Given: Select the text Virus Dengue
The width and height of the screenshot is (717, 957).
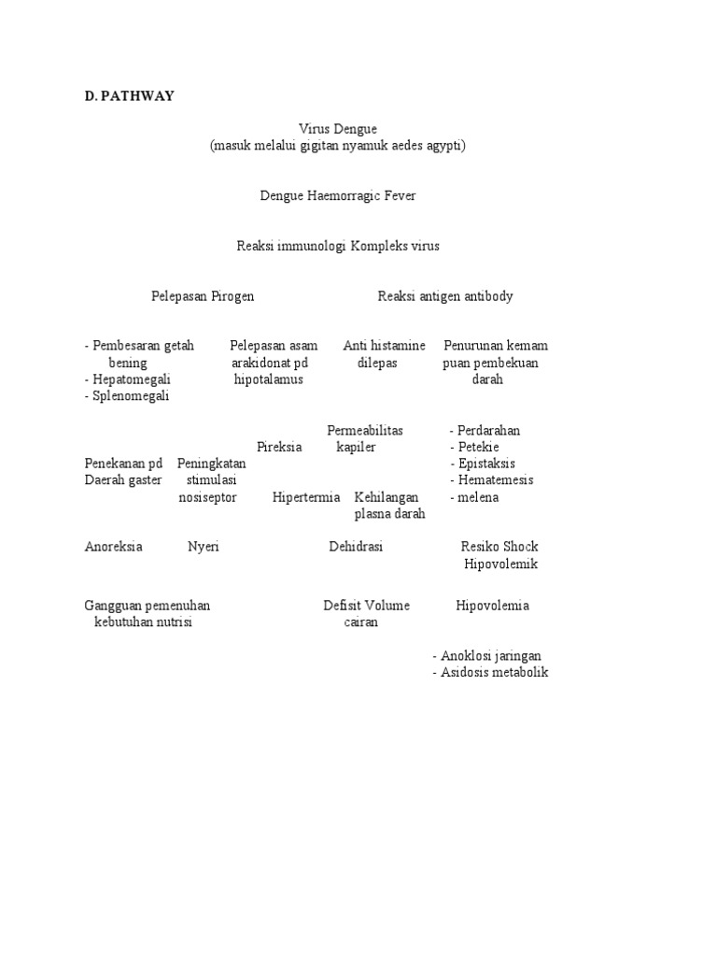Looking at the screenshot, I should pos(337,129).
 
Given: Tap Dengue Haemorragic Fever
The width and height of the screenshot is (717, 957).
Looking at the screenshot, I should pos(337,196).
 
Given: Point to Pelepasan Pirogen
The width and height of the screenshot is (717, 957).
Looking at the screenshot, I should pos(203,296).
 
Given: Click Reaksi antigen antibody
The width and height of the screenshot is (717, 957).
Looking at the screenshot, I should pos(445,296).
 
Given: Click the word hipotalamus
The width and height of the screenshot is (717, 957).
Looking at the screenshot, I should pos(268,379).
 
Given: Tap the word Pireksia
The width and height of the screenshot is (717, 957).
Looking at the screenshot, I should pos(279,447).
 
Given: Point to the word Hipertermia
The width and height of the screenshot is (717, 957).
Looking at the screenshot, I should pos(306,497).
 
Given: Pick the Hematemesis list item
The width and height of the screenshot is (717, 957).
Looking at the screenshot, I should pos(491,480).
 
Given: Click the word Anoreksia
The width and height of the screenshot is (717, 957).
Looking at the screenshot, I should pos(113,547).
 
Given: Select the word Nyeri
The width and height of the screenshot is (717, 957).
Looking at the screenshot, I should pos(204,547).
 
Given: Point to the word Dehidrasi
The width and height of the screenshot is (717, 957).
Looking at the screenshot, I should pos(356,547).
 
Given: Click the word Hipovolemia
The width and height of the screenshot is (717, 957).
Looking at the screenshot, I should pos(492,606).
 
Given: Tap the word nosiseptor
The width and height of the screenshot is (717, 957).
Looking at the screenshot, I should pos(207,497).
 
